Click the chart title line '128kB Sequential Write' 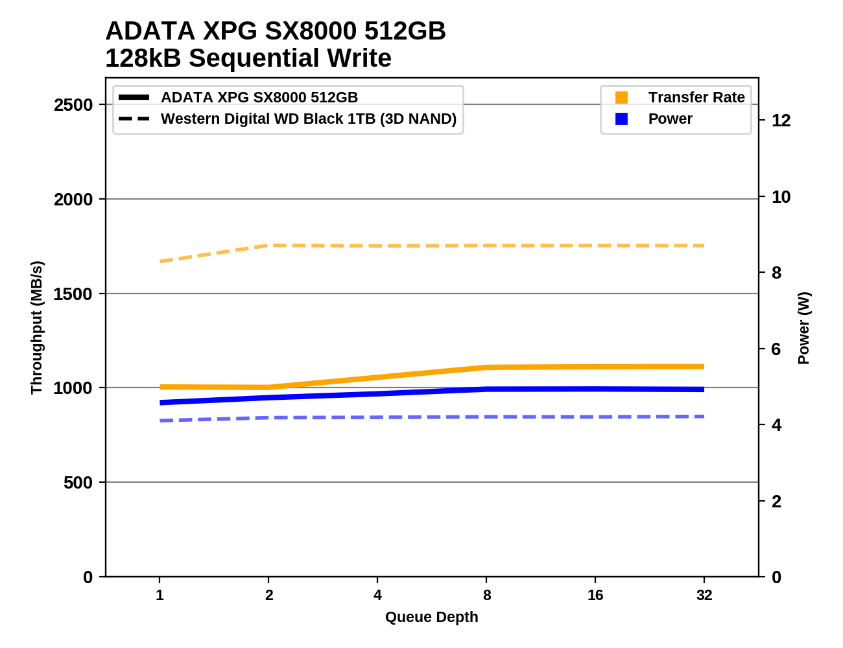pos(248,58)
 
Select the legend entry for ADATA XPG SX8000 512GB pos(259,97)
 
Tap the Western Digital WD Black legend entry pos(308,119)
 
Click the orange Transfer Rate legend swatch pos(621,97)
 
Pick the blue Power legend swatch pos(621,119)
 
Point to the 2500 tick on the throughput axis pos(73,105)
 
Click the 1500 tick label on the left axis pos(73,294)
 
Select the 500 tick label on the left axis pos(78,483)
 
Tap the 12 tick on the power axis pos(781,121)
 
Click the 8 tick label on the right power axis pos(776,273)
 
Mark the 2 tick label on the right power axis pos(776,501)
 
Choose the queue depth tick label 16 pos(595,595)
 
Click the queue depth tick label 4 pos(377,595)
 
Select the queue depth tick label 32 pos(704,595)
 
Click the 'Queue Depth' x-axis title pos(431,617)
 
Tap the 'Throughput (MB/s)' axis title pos(36,327)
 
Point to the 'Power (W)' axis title pos(803,327)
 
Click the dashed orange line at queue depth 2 pos(268,246)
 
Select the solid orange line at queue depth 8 pos(486,367)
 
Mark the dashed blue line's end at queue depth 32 pos(704,417)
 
